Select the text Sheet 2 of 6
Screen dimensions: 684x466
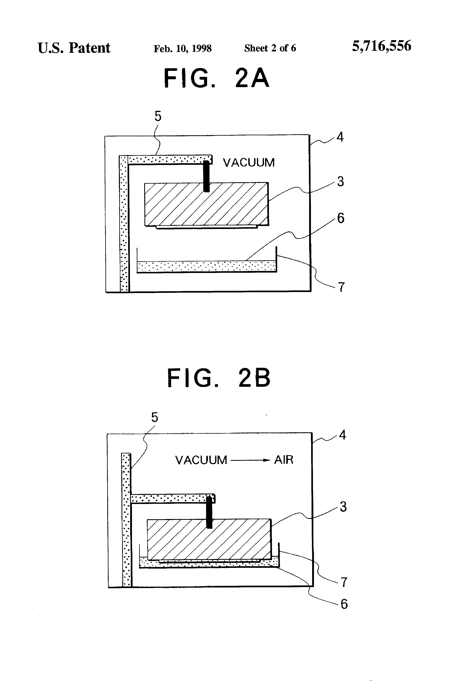[x=270, y=48]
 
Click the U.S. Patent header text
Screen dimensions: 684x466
[x=74, y=48]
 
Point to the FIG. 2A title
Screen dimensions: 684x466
[x=217, y=78]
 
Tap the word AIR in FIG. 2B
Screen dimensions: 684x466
[x=284, y=460]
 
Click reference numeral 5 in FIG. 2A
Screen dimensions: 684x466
[x=158, y=117]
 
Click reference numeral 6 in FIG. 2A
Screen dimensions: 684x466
[x=340, y=218]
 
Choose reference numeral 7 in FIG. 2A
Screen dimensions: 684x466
[x=341, y=287]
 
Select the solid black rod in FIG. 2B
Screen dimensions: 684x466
[x=209, y=512]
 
